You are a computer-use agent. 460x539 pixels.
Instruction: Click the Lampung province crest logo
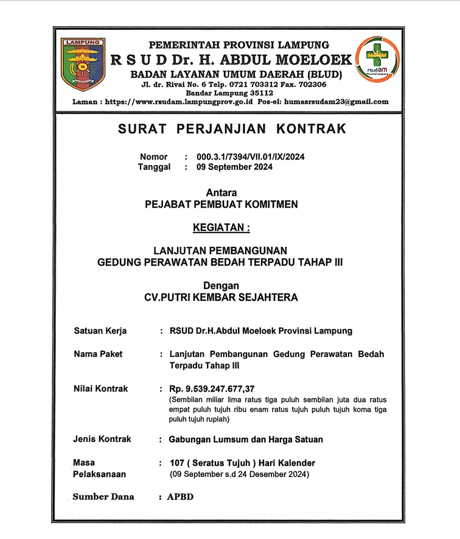(83, 64)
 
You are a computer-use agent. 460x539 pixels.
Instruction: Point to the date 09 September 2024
(234, 167)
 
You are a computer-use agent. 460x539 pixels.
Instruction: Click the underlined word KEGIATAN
(221, 228)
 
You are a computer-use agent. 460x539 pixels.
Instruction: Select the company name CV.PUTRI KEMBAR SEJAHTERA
(221, 298)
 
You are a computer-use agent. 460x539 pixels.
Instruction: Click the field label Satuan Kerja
(100, 331)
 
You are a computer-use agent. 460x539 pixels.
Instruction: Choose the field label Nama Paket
(98, 354)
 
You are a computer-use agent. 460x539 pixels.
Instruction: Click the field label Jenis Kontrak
(102, 439)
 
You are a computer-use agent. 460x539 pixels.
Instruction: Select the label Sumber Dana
(103, 496)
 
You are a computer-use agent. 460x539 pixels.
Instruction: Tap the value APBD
(181, 497)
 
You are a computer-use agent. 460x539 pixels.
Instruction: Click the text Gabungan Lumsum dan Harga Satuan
(246, 439)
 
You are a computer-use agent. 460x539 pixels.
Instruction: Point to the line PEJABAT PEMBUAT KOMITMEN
(221, 205)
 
